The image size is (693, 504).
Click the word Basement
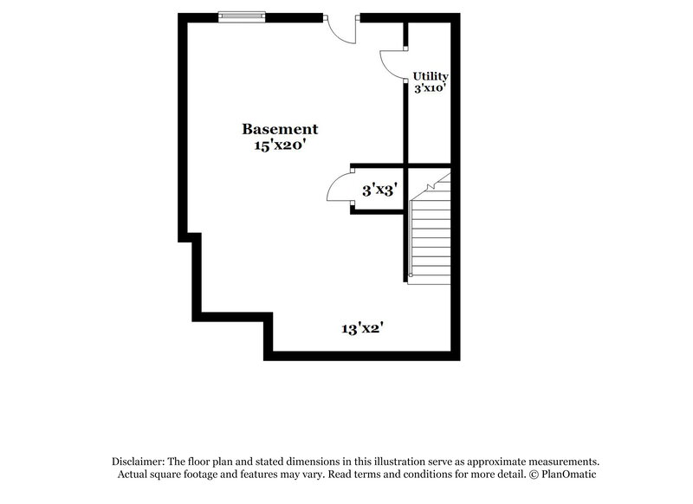[273, 129]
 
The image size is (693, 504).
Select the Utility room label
[430, 76]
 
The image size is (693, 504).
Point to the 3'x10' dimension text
[430, 88]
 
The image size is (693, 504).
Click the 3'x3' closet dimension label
[379, 190]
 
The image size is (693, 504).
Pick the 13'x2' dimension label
[362, 328]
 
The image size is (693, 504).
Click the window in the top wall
[242, 16]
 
